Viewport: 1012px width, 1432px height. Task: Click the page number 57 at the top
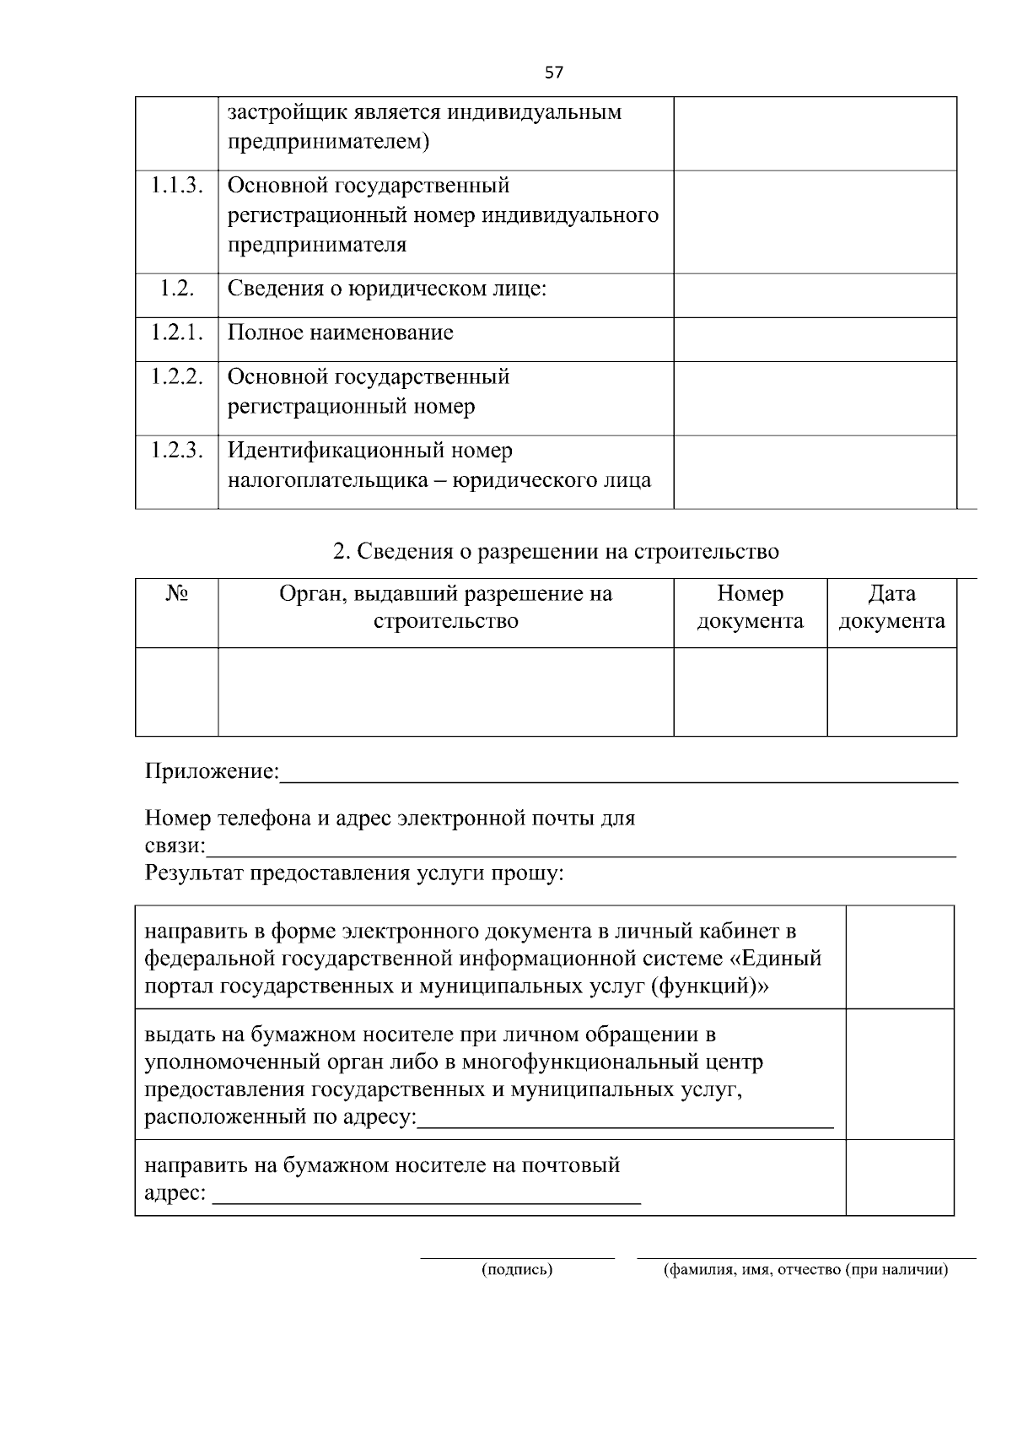click(554, 73)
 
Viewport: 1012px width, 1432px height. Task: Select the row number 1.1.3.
click(177, 186)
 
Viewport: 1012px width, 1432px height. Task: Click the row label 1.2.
click(177, 289)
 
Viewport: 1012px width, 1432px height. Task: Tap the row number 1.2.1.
click(177, 332)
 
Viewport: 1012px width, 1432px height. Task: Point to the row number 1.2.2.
click(177, 376)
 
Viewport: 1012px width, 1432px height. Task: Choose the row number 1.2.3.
click(177, 451)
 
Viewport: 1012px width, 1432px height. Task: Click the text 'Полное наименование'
click(341, 332)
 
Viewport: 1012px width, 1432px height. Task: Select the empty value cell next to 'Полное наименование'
click(815, 339)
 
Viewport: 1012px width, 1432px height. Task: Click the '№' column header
click(177, 594)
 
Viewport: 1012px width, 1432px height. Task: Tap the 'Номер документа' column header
click(750, 608)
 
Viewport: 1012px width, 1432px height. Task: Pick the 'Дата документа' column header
click(891, 608)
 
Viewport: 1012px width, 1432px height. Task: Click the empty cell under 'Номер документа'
click(750, 692)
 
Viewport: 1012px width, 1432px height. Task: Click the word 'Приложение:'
click(212, 771)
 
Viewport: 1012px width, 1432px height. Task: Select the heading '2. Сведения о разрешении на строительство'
click(556, 552)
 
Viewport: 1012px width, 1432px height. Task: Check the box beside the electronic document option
click(899, 957)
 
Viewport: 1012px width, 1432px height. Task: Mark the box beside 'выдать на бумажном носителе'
click(899, 1074)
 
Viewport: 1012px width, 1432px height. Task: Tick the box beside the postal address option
click(899, 1177)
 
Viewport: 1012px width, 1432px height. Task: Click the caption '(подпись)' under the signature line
click(517, 1270)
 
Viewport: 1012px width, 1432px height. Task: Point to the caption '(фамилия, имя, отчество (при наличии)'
click(806, 1270)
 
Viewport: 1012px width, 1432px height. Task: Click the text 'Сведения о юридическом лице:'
click(387, 289)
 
